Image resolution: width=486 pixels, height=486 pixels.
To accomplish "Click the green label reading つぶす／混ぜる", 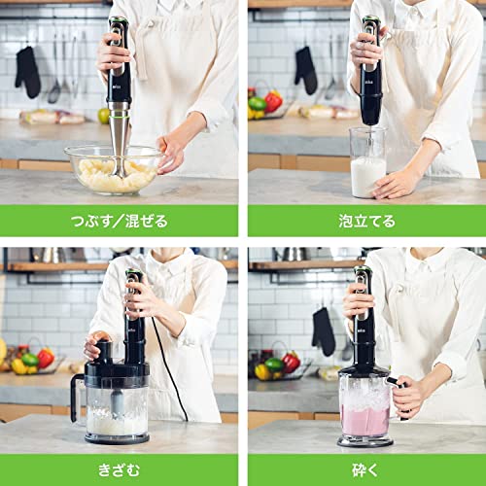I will point(119,221).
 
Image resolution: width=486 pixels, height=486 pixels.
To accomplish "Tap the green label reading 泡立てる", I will point(366,221).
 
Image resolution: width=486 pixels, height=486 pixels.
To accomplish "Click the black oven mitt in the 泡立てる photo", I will point(306,69).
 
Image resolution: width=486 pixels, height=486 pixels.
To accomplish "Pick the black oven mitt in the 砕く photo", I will point(323,331).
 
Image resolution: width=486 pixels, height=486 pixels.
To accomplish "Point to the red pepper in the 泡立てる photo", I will point(274,101).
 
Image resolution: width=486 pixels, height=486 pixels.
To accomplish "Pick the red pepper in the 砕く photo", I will point(290,363).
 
